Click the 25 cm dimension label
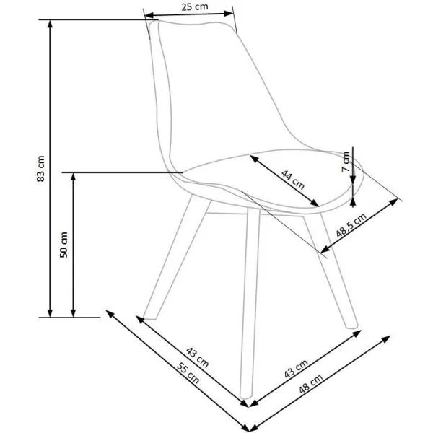coord(194,6)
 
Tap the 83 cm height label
coord(40,168)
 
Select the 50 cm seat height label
coord(64,245)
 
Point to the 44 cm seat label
coord(293,180)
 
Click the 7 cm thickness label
coord(346,162)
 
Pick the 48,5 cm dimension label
coord(351,225)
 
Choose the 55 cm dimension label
coord(188,373)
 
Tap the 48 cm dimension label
coord(310,384)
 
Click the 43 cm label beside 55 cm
coord(198,357)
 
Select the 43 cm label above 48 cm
coord(296,369)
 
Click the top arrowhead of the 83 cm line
coord(50,24)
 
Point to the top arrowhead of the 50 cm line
coord(73,177)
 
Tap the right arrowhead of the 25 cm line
coord(229,13)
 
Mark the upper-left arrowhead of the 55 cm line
coord(110,313)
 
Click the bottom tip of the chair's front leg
coord(245,397)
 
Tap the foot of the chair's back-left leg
coord(149,318)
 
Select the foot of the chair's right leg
coord(352,327)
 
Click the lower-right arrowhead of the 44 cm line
coord(315,204)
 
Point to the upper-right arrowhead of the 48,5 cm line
coord(393,201)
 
